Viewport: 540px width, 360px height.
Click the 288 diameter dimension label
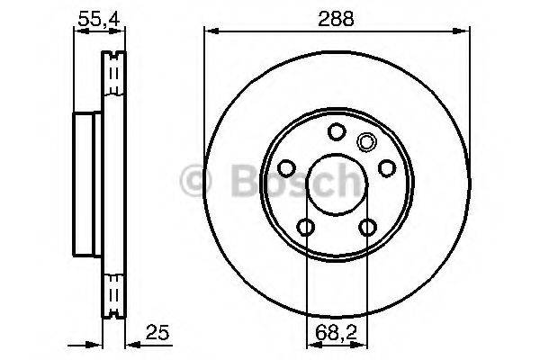coord(336,17)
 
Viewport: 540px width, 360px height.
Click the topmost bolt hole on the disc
coord(336,132)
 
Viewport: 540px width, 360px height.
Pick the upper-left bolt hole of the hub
coord(286,168)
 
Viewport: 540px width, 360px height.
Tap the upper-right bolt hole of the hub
coord(386,168)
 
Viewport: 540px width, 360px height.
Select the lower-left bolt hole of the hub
coord(305,227)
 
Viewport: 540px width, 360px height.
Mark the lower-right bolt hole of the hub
coord(366,227)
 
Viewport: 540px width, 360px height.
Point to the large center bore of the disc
coord(336,184)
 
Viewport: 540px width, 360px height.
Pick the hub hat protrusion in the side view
coord(86,184)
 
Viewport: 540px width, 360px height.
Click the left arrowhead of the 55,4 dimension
coord(77,31)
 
